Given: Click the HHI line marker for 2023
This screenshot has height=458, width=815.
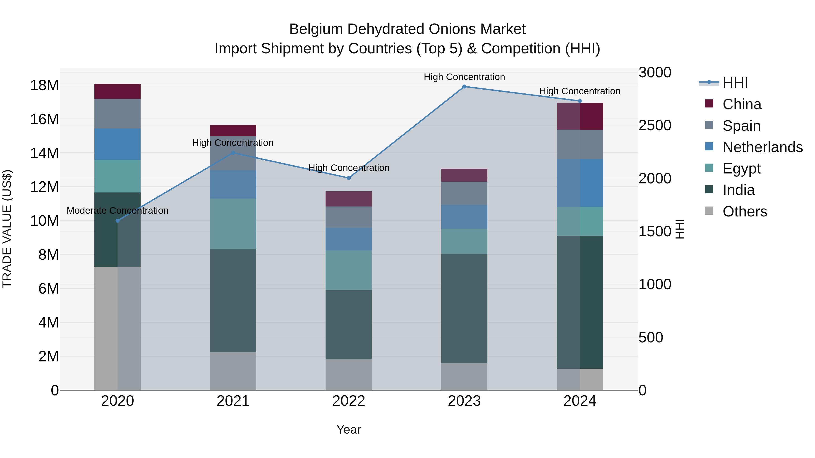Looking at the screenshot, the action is click(464, 87).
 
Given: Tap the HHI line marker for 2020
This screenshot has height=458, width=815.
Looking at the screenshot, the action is click(118, 221).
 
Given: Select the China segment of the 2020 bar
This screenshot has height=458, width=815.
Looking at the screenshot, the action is click(117, 91).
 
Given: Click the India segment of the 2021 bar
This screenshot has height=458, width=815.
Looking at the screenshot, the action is click(233, 300).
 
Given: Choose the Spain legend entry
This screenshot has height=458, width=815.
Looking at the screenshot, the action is click(741, 126).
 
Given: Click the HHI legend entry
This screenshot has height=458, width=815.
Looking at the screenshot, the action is click(735, 83).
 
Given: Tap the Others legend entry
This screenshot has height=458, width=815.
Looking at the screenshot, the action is click(744, 211).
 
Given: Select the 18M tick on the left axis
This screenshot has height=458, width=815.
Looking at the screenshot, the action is click(44, 85).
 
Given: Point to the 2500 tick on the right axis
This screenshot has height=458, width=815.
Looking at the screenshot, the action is click(654, 126).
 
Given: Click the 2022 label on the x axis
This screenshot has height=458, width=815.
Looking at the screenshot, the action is click(349, 401).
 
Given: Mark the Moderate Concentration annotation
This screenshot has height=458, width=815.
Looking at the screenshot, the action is click(117, 211).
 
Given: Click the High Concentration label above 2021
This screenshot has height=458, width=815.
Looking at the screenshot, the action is click(233, 143).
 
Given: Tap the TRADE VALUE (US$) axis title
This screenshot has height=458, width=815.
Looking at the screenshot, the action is click(7, 229).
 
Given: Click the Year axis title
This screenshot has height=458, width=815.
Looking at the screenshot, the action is click(349, 430).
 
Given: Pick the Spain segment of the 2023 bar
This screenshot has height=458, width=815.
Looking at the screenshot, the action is click(464, 193).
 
